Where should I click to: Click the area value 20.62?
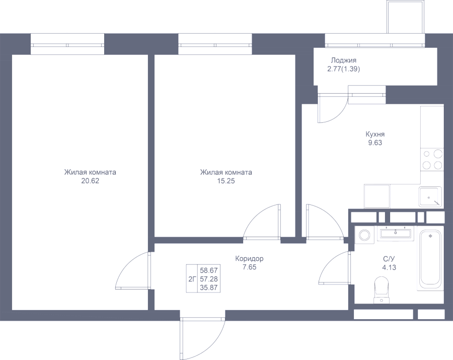pyautogui.click(x=90, y=181)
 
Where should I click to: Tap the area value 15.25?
pyautogui.click(x=226, y=181)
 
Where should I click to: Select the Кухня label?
pyautogui.click(x=375, y=134)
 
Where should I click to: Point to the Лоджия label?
pyautogui.click(x=343, y=60)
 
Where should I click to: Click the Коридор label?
pyautogui.click(x=249, y=259)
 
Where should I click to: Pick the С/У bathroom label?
pyautogui.click(x=389, y=259)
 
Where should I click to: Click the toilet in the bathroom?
pyautogui.click(x=382, y=290)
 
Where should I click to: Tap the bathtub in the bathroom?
pyautogui.click(x=430, y=258)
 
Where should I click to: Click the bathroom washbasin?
pyautogui.click(x=395, y=233)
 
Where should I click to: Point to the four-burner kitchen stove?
pyautogui.click(x=432, y=159)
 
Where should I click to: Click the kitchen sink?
pyautogui.click(x=430, y=197)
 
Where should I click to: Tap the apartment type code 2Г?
pyautogui.click(x=192, y=279)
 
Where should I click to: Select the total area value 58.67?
pyautogui.click(x=208, y=270)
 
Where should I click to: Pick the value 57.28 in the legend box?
pyautogui.click(x=208, y=279)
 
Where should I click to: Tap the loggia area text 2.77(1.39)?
pyautogui.click(x=343, y=69)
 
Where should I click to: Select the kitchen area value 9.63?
pyautogui.click(x=375, y=142)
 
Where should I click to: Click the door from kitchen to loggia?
pyautogui.click(x=332, y=107)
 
